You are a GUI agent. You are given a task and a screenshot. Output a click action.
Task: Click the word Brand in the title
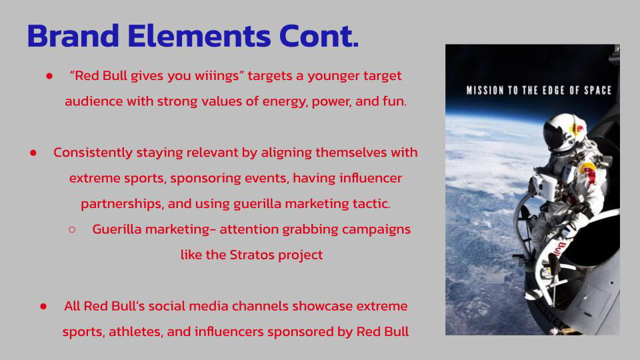click(73, 36)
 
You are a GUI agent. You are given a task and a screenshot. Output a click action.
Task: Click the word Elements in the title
click(199, 36)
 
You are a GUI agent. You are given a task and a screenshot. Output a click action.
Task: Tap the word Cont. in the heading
click(319, 37)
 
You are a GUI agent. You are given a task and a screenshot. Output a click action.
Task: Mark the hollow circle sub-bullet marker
click(72, 230)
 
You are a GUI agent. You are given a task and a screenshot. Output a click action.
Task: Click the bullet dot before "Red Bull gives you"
click(49, 76)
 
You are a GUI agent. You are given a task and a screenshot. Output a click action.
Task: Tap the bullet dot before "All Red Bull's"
click(43, 306)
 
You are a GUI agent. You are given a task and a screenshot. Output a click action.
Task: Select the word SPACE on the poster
click(598, 90)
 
